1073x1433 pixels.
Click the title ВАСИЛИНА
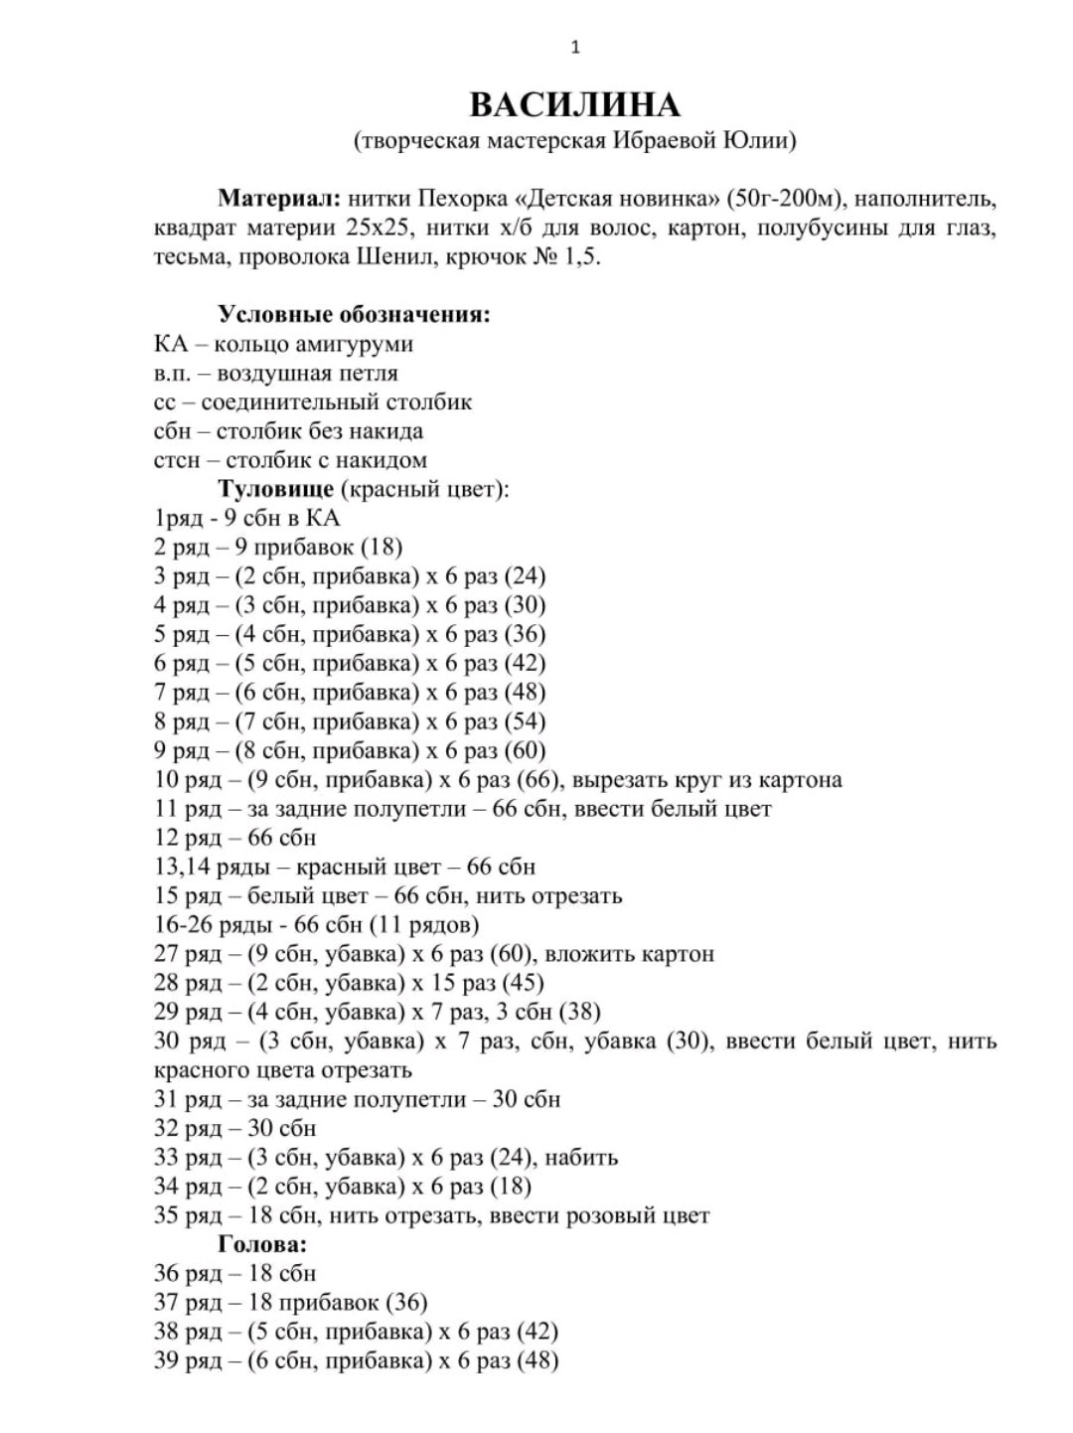coord(574,105)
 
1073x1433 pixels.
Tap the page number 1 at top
coord(575,47)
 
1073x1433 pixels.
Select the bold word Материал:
coord(280,198)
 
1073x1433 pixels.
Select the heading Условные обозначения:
coord(355,315)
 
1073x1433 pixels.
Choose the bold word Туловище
coord(276,489)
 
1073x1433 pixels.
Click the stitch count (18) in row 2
coord(382,547)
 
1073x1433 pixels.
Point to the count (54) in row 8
coord(526,721)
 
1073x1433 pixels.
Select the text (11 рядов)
coord(424,924)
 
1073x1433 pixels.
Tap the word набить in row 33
coord(581,1157)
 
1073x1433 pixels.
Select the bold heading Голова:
coord(262,1244)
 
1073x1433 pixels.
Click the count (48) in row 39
coord(537,1360)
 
